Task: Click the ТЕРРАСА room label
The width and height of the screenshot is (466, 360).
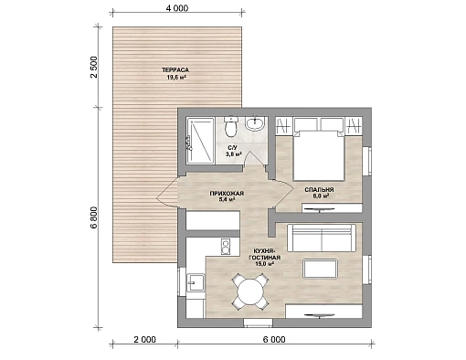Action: click(175, 70)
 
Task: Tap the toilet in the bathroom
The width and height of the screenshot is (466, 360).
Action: click(231, 127)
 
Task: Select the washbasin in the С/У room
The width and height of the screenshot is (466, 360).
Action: click(255, 124)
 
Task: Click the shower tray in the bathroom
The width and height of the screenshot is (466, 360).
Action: click(200, 141)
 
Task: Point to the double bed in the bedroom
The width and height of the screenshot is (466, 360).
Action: click(319, 155)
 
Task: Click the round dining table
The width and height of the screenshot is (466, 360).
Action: click(250, 291)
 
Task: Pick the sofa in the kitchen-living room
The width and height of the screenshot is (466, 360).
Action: click(322, 238)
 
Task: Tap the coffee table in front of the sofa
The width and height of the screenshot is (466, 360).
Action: click(321, 269)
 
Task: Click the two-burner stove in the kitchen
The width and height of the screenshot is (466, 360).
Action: click(226, 247)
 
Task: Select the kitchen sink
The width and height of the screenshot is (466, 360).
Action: click(196, 283)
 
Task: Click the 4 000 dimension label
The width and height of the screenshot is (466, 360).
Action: click(177, 8)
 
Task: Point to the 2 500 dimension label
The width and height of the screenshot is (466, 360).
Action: click(93, 67)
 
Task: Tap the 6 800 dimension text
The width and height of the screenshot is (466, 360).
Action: click(93, 217)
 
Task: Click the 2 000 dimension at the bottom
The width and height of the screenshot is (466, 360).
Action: click(144, 339)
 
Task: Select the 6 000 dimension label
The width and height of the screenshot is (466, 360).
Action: click(274, 339)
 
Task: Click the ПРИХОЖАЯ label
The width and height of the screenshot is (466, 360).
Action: click(227, 194)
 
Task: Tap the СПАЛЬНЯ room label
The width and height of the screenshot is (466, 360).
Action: click(319, 190)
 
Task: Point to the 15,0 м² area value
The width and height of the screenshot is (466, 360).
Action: click(264, 263)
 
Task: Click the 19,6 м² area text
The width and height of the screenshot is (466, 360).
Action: click(176, 78)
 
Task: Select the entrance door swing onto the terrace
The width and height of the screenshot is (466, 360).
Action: click(167, 193)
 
